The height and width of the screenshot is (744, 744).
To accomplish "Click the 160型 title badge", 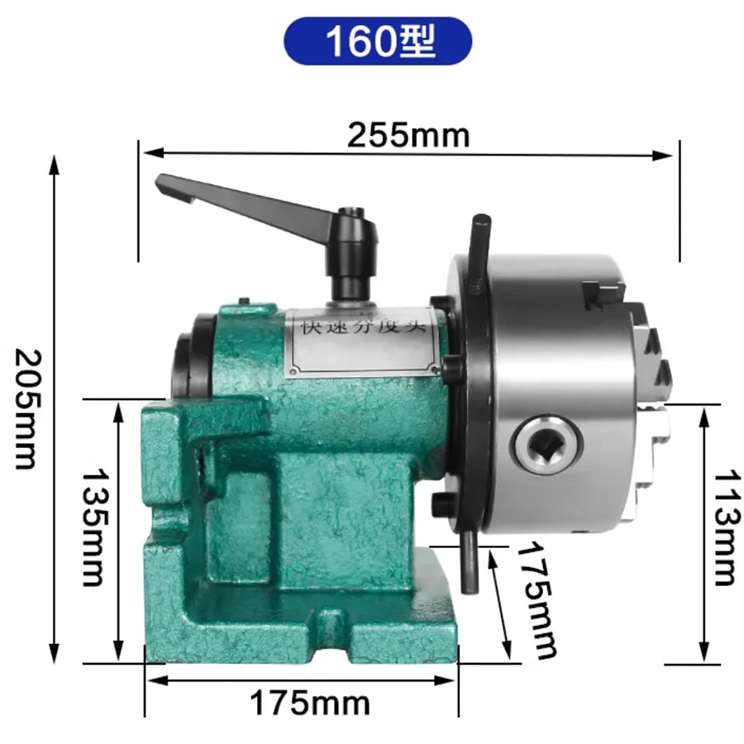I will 378,42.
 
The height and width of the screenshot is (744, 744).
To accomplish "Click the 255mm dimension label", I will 408,135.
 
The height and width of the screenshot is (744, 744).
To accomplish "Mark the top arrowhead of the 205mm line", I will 55,163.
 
